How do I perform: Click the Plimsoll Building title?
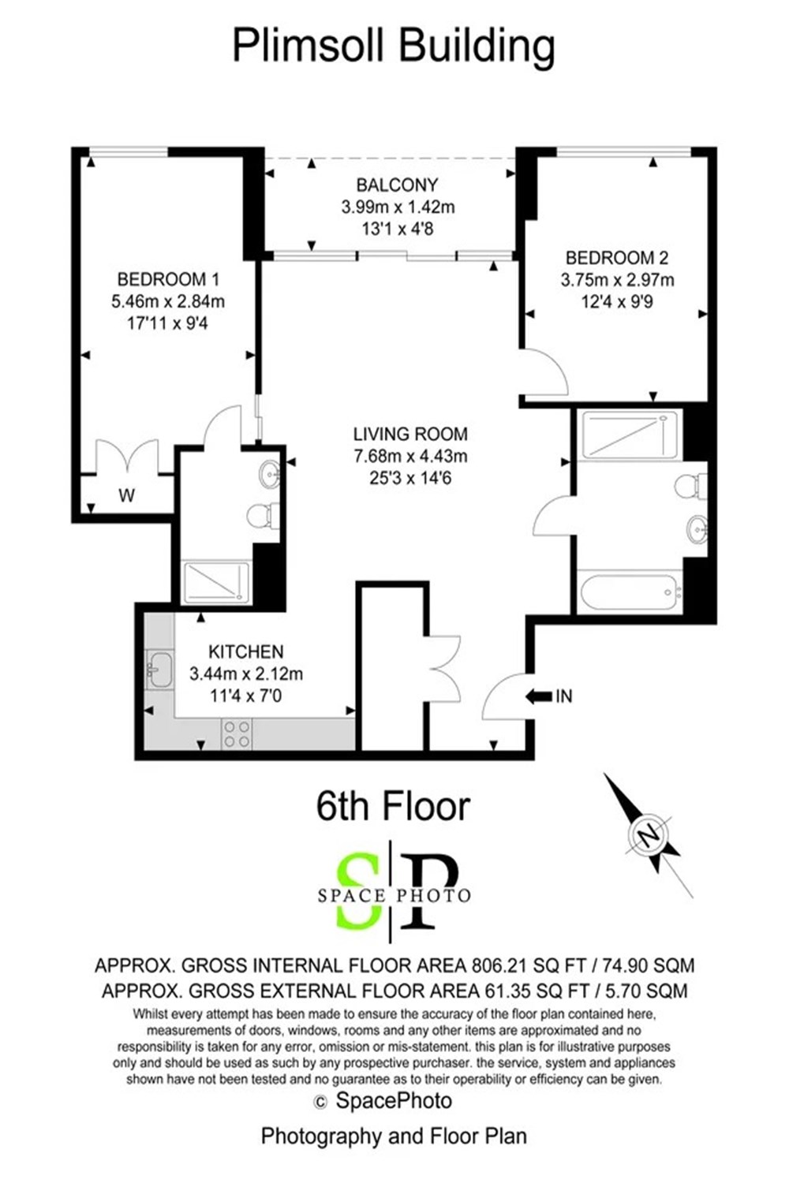[x=394, y=47]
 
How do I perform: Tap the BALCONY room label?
[x=398, y=185]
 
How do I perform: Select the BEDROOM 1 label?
[x=168, y=279]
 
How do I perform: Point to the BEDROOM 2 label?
[x=617, y=258]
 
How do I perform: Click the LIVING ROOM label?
[x=410, y=434]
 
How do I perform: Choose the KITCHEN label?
[x=245, y=651]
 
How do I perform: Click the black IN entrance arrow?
[x=538, y=696]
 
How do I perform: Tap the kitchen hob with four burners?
[x=237, y=734]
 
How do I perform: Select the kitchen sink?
[x=159, y=670]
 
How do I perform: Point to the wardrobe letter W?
[x=126, y=495]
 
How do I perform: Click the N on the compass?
[x=649, y=836]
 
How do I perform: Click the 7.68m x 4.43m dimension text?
[x=410, y=456]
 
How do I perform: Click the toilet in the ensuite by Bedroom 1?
[x=263, y=514]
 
